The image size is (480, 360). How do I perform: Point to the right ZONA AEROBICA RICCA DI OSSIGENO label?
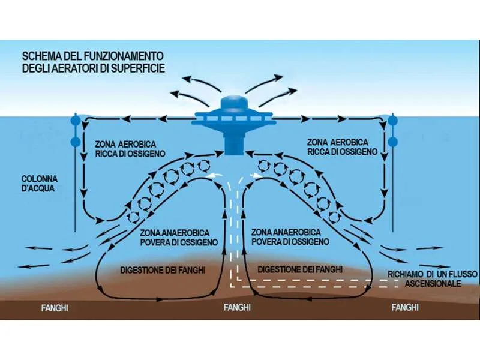tap(341, 147)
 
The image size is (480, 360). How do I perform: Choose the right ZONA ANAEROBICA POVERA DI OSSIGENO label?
tap(290, 236)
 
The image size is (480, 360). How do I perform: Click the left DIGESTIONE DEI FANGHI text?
tap(163, 270)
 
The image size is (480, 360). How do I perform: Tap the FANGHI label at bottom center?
tap(236, 308)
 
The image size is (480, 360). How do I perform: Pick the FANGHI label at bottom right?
tap(404, 308)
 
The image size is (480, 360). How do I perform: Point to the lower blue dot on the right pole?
tap(393, 142)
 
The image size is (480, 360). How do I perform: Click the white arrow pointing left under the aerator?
tap(218, 176)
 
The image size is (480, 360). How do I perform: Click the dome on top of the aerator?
tap(233, 102)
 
